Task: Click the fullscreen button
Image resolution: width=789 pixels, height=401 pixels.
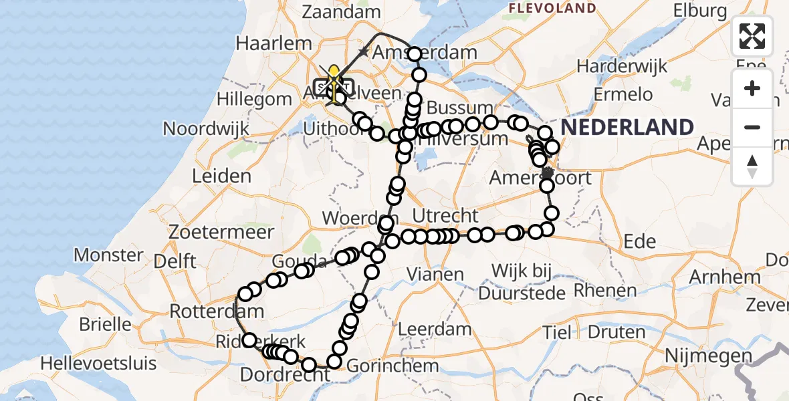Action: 752,36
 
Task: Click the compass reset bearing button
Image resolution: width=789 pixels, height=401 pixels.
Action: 752,166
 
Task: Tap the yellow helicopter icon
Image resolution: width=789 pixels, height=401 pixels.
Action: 334,82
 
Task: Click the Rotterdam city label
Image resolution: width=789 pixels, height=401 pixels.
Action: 207,311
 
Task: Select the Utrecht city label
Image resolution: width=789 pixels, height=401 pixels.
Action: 445,216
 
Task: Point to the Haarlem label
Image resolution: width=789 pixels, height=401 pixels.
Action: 273,43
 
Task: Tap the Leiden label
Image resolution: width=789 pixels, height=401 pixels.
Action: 221,176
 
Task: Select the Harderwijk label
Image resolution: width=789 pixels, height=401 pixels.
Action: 623,66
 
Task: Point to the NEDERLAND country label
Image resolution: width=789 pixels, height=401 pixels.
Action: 627,127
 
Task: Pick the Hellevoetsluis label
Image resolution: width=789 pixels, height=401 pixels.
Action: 98,364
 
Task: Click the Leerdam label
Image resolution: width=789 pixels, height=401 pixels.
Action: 435,329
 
